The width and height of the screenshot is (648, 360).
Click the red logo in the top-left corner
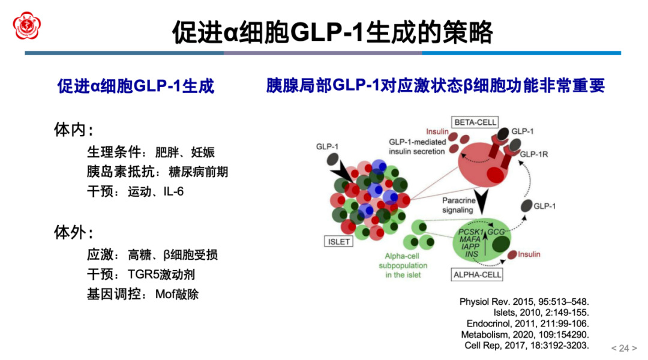pos(28,25)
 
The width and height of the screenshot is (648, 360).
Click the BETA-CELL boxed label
pos(475,122)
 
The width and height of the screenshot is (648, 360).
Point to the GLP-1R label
pos(534,154)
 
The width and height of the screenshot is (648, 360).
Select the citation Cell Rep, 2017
pos(527,345)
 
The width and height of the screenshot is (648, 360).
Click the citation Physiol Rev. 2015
pos(524,301)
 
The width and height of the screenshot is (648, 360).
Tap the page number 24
pos(624,348)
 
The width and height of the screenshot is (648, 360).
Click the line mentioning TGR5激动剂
pos(141,275)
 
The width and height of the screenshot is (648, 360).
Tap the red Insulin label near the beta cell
pos(437,131)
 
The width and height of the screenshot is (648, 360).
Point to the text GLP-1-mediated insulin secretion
pos(417,146)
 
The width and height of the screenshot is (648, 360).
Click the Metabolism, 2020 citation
pos(525,334)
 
